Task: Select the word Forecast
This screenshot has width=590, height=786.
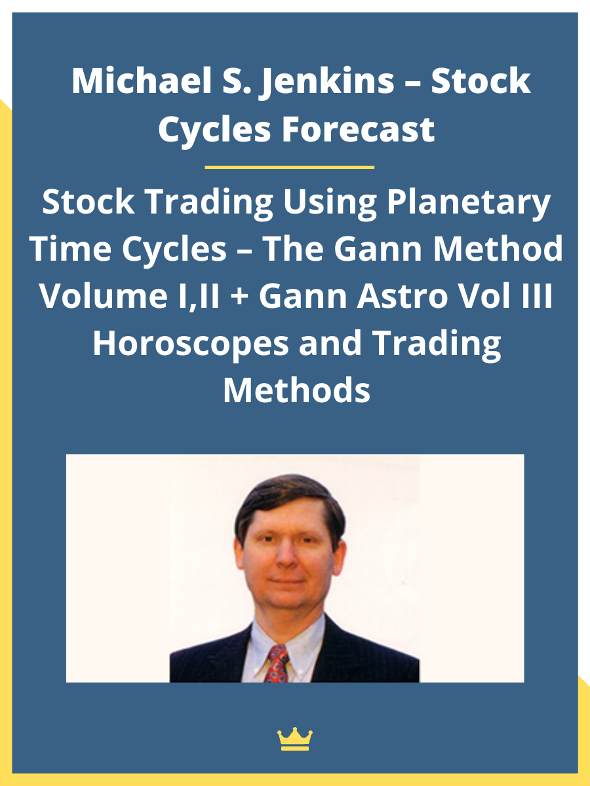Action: click(359, 129)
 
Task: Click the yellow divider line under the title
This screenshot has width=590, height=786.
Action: click(289, 167)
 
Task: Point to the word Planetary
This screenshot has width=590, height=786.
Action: click(468, 203)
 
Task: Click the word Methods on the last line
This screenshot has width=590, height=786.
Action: click(296, 390)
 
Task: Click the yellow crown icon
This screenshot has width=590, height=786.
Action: click(295, 739)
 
